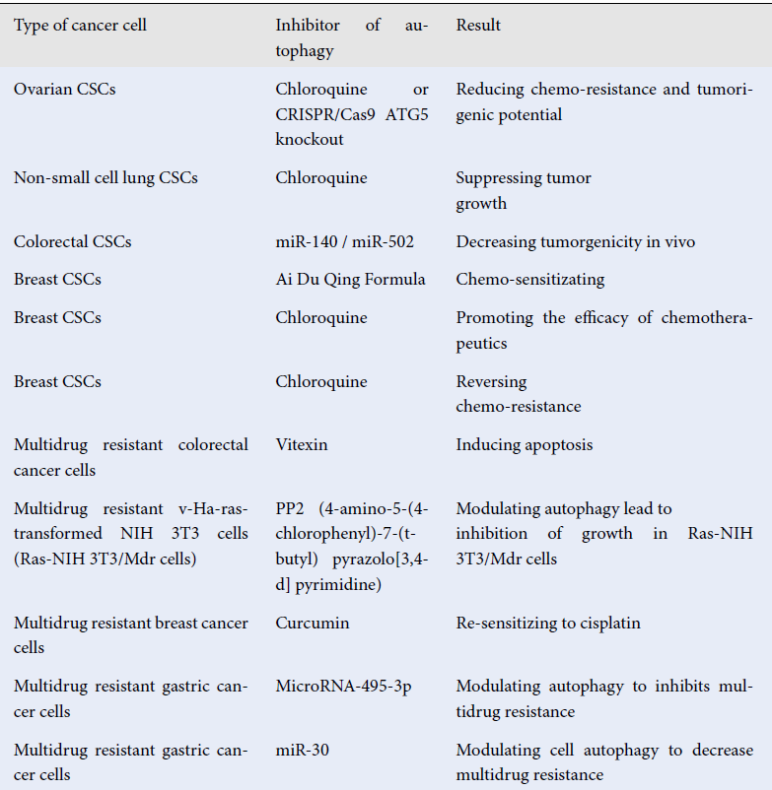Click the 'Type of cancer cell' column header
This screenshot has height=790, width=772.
tap(80, 26)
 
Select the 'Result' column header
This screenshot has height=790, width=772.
tap(478, 26)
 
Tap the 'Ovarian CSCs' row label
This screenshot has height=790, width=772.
tap(64, 90)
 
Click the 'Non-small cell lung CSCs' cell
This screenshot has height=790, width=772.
tap(105, 178)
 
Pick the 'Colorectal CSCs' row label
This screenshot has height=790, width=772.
tap(72, 241)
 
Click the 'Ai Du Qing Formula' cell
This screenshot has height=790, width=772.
tap(350, 280)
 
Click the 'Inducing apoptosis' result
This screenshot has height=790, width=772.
tap(525, 445)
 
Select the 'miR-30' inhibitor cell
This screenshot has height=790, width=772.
tap(303, 751)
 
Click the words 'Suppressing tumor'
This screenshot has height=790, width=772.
tap(524, 178)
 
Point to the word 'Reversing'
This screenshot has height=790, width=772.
tap(491, 381)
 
